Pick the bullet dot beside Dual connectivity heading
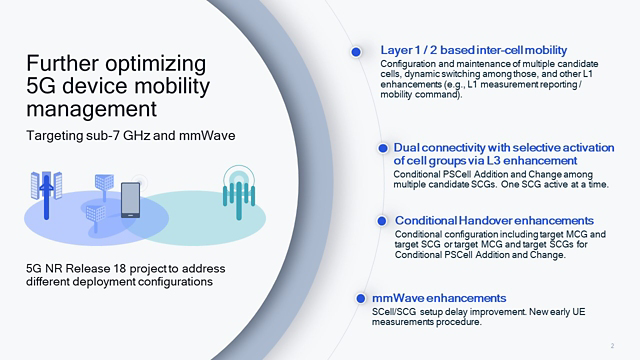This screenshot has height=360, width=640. (x=381, y=147)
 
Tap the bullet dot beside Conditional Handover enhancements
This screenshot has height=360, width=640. (x=384, y=219)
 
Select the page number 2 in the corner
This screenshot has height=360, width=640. (x=611, y=344)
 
